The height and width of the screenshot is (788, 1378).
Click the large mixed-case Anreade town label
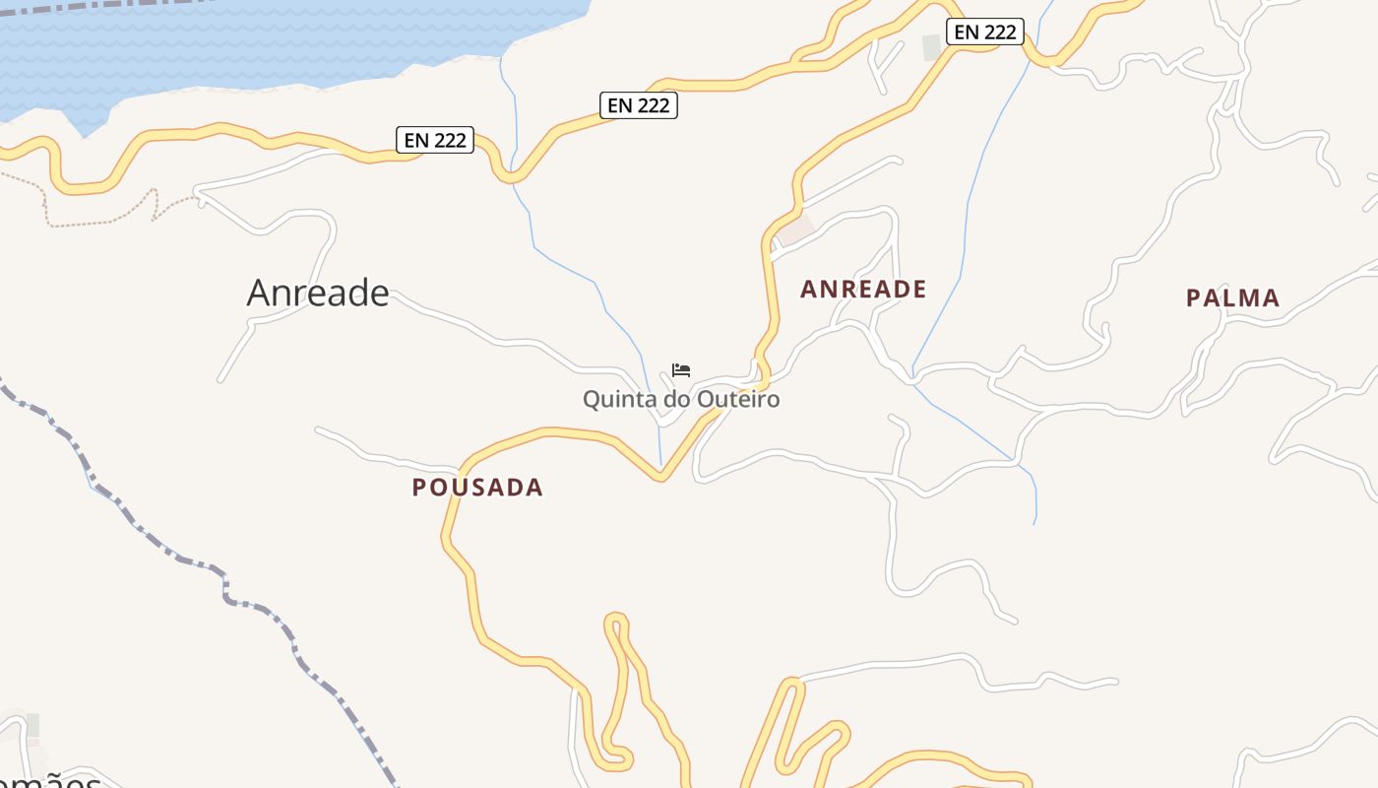coord(318,293)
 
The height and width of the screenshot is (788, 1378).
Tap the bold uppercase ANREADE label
coord(863,290)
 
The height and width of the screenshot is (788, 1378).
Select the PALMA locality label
coord(1232,298)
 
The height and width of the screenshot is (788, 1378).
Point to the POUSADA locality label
coord(477,488)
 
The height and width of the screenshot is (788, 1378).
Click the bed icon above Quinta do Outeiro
coord(681,370)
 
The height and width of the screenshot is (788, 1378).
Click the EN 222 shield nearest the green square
coord(985,32)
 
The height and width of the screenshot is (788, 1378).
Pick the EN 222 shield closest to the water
coord(435,140)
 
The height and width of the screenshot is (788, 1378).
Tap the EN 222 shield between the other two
coord(639,104)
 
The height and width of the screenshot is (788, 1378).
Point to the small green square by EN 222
coord(931,46)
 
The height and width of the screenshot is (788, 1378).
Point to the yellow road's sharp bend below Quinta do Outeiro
coord(661,478)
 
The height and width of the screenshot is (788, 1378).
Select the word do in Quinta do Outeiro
coord(678,400)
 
